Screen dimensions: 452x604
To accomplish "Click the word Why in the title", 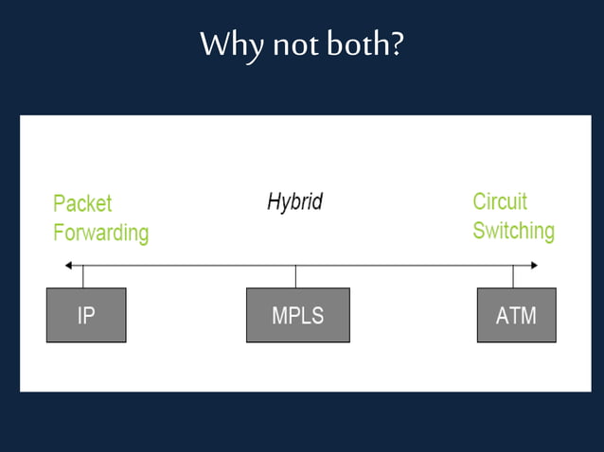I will (x=230, y=45).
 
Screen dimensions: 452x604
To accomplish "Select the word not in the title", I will (x=294, y=45).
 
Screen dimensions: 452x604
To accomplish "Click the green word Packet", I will (x=82, y=203).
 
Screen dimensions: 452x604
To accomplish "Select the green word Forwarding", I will (x=100, y=233).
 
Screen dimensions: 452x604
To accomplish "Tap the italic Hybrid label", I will (x=294, y=201).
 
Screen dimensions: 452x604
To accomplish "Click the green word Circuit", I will (x=500, y=201).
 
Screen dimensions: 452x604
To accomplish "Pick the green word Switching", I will (x=513, y=231).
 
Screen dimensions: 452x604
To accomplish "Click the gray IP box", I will (x=86, y=315).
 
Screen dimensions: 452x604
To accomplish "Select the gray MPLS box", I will (x=297, y=315).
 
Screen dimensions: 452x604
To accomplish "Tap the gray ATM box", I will (x=516, y=315).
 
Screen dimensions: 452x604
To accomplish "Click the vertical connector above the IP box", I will (x=83, y=277).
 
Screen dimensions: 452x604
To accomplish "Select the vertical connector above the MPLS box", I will (x=295, y=277).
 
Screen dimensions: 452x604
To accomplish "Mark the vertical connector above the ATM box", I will (x=513, y=277).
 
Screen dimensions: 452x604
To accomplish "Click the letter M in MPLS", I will (x=279, y=316).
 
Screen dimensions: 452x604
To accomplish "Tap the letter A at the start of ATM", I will (x=503, y=316).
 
